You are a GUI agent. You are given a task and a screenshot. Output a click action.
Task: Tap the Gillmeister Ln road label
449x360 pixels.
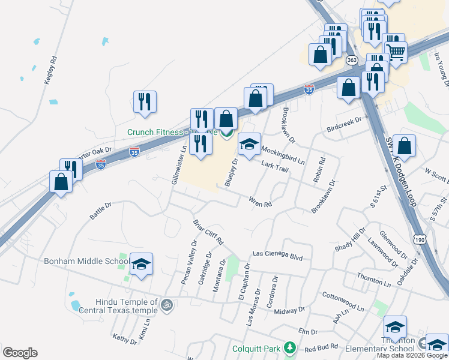click(x=179, y=164)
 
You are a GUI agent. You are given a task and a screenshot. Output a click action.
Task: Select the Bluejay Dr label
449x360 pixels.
click(x=231, y=172)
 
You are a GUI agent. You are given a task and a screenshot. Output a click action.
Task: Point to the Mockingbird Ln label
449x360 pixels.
click(x=284, y=155)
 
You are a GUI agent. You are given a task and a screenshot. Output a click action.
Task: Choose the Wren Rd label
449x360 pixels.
click(x=261, y=202)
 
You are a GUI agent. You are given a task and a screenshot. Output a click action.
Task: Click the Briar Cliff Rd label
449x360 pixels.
click(x=208, y=232)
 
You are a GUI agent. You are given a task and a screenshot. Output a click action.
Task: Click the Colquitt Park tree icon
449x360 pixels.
click(x=290, y=348)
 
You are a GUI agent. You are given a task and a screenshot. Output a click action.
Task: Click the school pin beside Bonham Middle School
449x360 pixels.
click(x=141, y=265)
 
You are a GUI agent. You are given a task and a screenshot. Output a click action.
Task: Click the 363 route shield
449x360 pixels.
click(x=352, y=60)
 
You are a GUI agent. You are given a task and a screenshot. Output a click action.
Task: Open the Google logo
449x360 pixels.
click(x=19, y=353)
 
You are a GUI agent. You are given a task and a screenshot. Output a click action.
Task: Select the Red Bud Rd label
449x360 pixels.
click(x=318, y=348)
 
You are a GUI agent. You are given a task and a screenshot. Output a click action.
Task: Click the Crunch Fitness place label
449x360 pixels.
click(x=171, y=131)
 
